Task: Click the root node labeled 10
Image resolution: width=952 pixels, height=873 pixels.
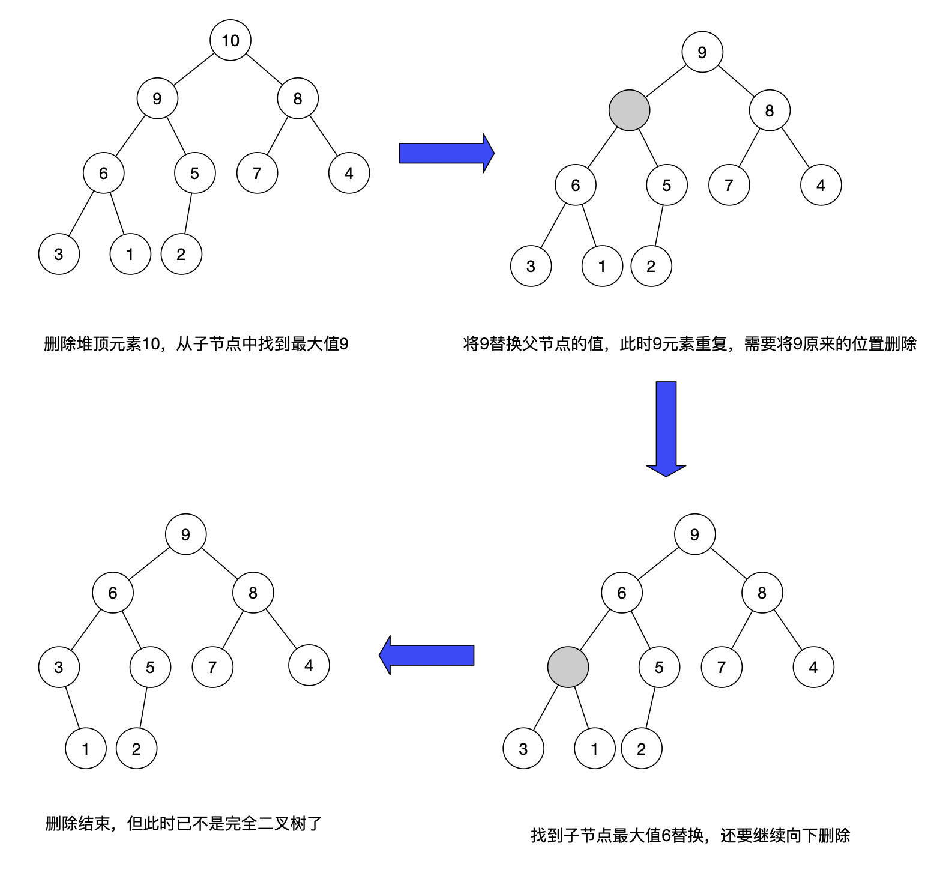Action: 230,40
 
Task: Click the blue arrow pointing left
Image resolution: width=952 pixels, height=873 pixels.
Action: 427,655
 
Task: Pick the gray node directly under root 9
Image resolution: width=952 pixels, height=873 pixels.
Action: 629,110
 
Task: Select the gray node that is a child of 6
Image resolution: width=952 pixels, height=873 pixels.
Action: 568,667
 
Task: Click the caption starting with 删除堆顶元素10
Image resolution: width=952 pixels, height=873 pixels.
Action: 196,344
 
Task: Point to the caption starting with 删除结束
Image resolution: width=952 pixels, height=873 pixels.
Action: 184,823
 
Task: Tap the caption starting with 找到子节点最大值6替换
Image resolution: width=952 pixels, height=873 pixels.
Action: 690,835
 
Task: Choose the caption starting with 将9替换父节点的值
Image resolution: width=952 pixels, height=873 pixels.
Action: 690,344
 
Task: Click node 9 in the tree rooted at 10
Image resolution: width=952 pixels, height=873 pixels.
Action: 157,98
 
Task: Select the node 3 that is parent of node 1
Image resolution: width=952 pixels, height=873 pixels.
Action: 59,667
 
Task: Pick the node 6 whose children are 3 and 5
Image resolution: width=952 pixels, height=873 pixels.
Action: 113,593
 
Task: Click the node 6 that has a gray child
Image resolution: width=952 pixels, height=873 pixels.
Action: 622,593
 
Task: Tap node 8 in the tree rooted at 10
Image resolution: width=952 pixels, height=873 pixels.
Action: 298,98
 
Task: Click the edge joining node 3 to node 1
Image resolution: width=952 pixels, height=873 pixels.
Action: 72,708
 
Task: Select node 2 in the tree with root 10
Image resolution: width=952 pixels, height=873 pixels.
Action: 181,254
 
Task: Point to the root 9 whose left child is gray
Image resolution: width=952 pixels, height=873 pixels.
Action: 702,52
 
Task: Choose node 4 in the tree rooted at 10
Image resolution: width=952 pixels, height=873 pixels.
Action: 349,173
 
